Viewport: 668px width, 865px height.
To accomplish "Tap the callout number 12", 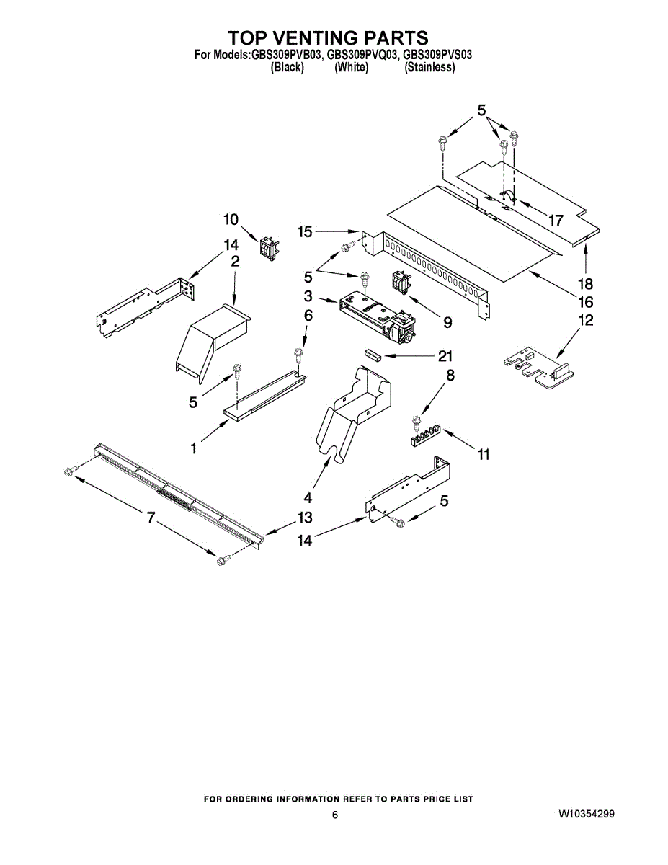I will [x=586, y=320].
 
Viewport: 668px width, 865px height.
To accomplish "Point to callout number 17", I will [x=556, y=221].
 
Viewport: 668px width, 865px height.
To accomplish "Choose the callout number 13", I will [x=305, y=518].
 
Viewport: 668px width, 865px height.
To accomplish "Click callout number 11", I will [x=483, y=454].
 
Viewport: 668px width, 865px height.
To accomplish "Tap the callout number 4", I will [x=308, y=497].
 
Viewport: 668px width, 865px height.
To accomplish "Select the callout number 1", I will [x=194, y=448].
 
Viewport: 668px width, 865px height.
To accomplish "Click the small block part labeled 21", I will [x=373, y=355].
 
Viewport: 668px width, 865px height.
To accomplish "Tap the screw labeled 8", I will [x=415, y=422].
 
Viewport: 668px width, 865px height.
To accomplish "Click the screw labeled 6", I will [x=297, y=354].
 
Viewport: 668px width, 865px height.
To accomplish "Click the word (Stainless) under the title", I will [x=429, y=67].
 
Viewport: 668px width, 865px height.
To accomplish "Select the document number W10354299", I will [x=586, y=814].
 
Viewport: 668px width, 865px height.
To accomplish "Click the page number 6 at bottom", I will [x=335, y=815].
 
